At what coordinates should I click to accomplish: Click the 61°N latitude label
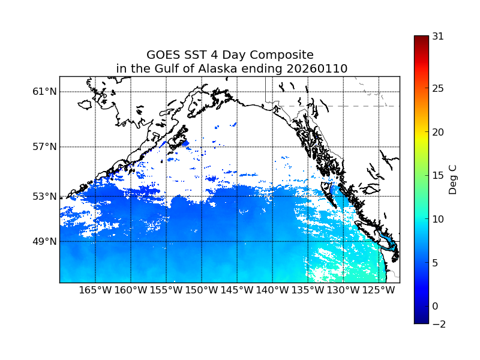tap(44, 92)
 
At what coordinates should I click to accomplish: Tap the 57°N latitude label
tap(44, 147)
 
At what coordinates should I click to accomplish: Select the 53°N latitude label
tap(44, 196)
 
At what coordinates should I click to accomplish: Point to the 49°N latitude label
tap(44, 242)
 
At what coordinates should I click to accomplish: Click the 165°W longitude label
tap(95, 291)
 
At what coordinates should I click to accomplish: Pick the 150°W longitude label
tap(202, 291)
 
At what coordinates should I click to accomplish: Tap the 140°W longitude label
tap(272, 291)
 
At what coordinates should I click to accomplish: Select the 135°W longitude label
tap(308, 291)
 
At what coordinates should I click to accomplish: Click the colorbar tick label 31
tap(438, 36)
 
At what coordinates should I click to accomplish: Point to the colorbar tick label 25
tap(438, 89)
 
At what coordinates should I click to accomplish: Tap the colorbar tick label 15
tap(438, 176)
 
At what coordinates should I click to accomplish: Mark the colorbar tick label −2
tap(438, 324)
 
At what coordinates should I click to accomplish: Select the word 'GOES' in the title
tap(164, 55)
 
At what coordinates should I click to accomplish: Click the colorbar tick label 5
tap(436, 263)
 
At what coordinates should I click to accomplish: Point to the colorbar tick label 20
tap(438, 132)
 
